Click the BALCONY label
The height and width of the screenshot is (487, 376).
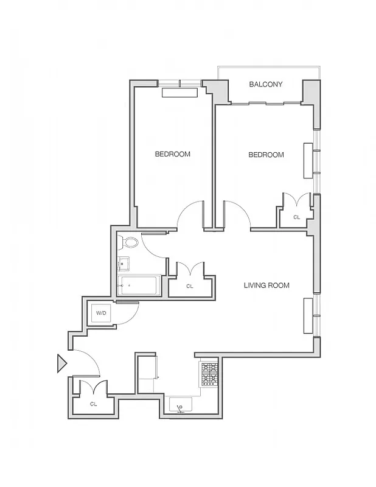[266, 85]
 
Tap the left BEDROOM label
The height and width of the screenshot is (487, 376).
[172, 154]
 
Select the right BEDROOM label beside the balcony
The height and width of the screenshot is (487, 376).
[266, 155]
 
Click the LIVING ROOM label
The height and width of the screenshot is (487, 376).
[266, 285]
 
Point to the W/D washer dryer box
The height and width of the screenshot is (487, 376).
[102, 314]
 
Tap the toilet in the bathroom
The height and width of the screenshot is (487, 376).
[129, 243]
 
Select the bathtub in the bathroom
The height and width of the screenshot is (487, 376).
[139, 285]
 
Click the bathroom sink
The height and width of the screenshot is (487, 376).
[123, 264]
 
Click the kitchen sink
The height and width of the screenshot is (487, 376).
[180, 404]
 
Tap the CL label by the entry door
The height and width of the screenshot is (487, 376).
[93, 404]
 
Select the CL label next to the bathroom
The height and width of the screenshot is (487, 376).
[189, 286]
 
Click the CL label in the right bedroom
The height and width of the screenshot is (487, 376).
[296, 217]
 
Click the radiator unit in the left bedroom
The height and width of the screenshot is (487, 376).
[180, 93]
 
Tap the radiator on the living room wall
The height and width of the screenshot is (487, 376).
[308, 315]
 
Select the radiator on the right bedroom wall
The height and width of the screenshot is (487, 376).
[308, 161]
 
